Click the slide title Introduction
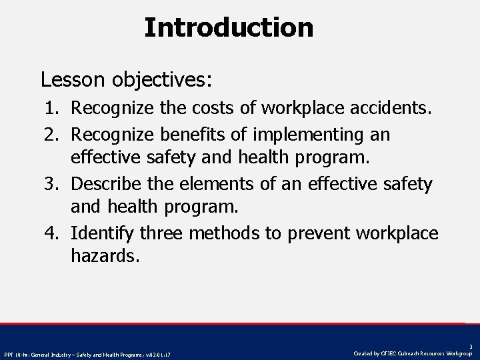pyautogui.click(x=229, y=27)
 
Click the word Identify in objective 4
pyautogui.click(x=103, y=233)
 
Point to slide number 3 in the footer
pyautogui.click(x=471, y=347)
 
